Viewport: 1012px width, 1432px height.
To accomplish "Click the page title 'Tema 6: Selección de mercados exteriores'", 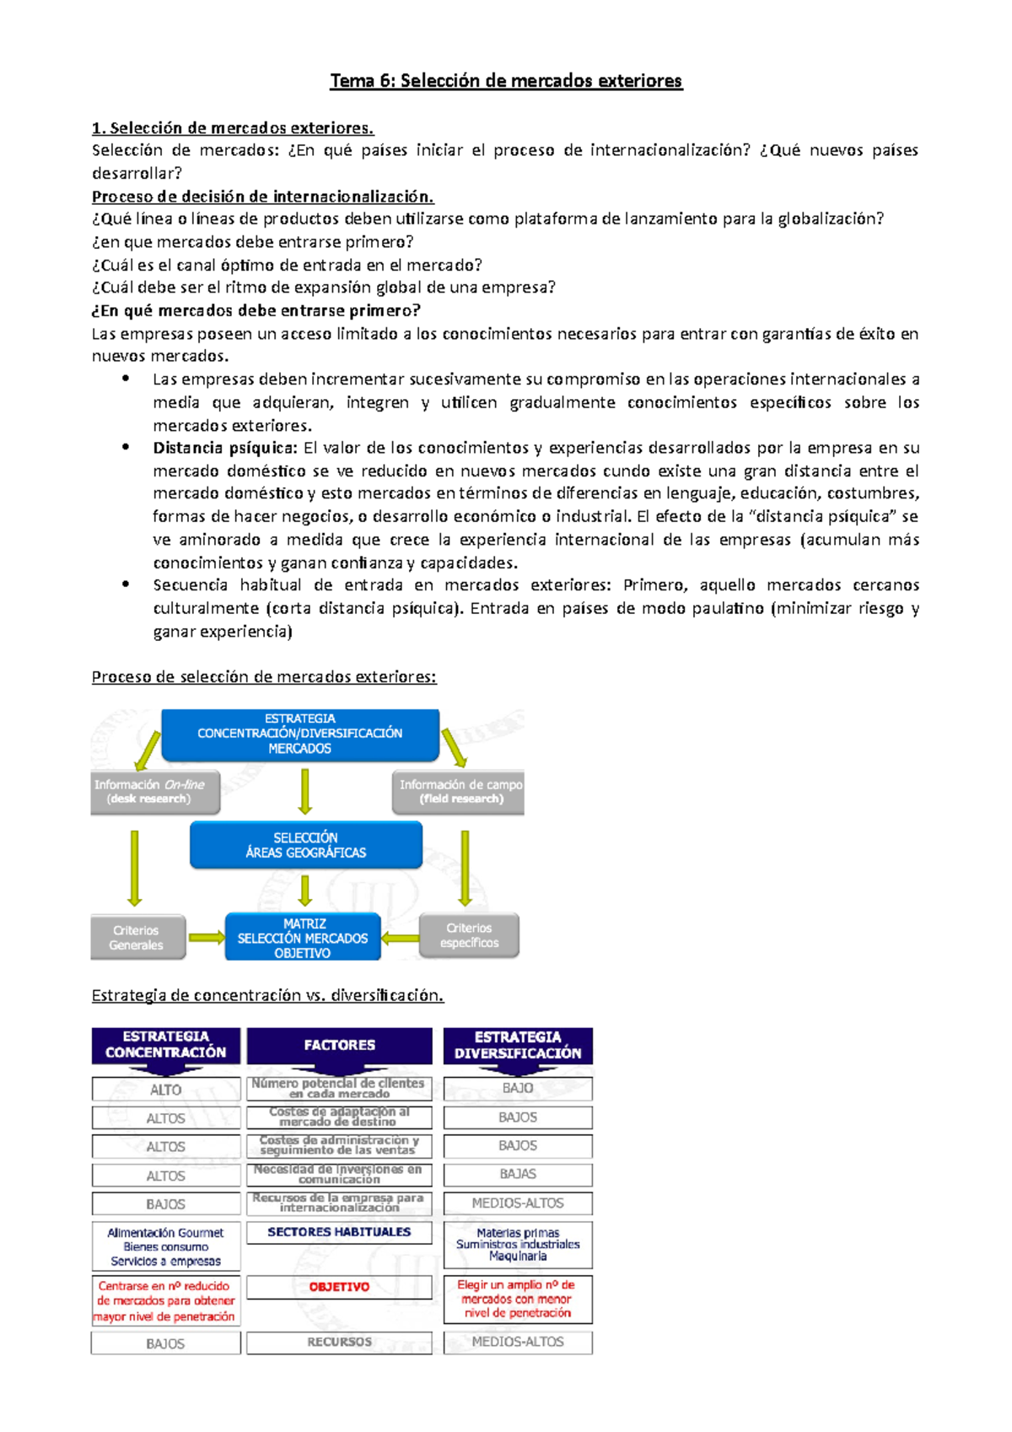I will click(506, 81).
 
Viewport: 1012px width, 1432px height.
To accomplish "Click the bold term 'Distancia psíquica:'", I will click(224, 448).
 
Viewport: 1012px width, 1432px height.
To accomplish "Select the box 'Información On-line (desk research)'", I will click(154, 791).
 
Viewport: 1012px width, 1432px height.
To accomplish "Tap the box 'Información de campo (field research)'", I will click(459, 791).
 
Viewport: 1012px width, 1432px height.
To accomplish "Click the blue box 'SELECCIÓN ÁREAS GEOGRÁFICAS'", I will click(305, 845).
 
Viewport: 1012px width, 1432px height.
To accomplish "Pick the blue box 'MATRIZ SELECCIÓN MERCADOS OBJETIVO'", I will click(303, 938).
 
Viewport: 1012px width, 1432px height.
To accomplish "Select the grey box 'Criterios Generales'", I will click(137, 937).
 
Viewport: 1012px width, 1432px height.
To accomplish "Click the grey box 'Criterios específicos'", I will click(469, 935).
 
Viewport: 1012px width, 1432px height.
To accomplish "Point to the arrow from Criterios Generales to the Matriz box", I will click(206, 938).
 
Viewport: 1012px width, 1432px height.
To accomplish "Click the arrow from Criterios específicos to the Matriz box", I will click(400, 938).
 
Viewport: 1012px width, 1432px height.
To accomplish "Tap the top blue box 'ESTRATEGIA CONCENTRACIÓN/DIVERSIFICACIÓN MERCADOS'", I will click(300, 734).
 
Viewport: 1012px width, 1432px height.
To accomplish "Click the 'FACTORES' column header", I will click(339, 1045).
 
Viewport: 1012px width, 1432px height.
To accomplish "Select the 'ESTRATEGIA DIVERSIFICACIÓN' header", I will click(518, 1045).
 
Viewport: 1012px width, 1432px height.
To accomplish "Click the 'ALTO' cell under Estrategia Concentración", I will click(166, 1090).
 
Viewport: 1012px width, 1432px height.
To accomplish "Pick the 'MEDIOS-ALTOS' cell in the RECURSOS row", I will click(518, 1342).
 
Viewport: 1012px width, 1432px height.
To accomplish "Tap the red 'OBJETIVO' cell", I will click(339, 1287).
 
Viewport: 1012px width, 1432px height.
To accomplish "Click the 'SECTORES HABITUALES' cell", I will click(339, 1232).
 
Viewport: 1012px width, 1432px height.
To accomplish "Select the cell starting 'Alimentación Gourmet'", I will click(166, 1246).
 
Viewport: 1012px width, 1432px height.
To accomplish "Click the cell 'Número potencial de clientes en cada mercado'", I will click(339, 1088).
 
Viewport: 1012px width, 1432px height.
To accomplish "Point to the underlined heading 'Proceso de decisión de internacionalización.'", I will click(262, 196).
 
